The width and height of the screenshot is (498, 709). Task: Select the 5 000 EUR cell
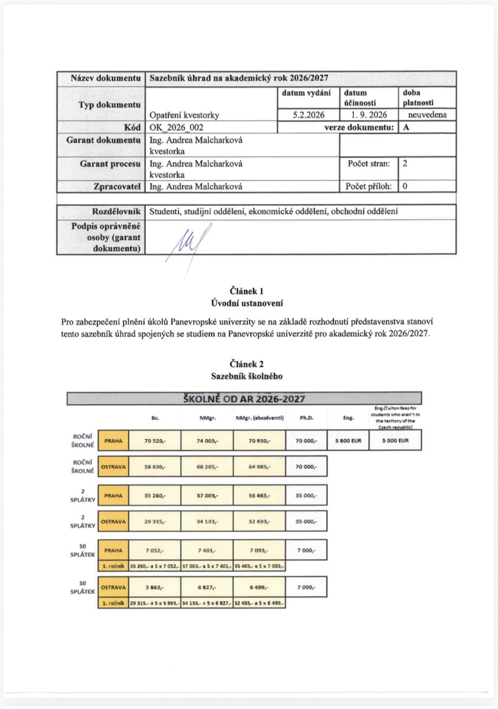click(x=398, y=441)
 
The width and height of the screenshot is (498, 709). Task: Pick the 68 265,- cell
click(x=207, y=466)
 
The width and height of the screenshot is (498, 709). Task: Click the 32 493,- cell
click(x=260, y=522)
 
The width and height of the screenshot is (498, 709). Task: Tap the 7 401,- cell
click(x=207, y=550)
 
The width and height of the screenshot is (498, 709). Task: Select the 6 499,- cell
click(x=260, y=587)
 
